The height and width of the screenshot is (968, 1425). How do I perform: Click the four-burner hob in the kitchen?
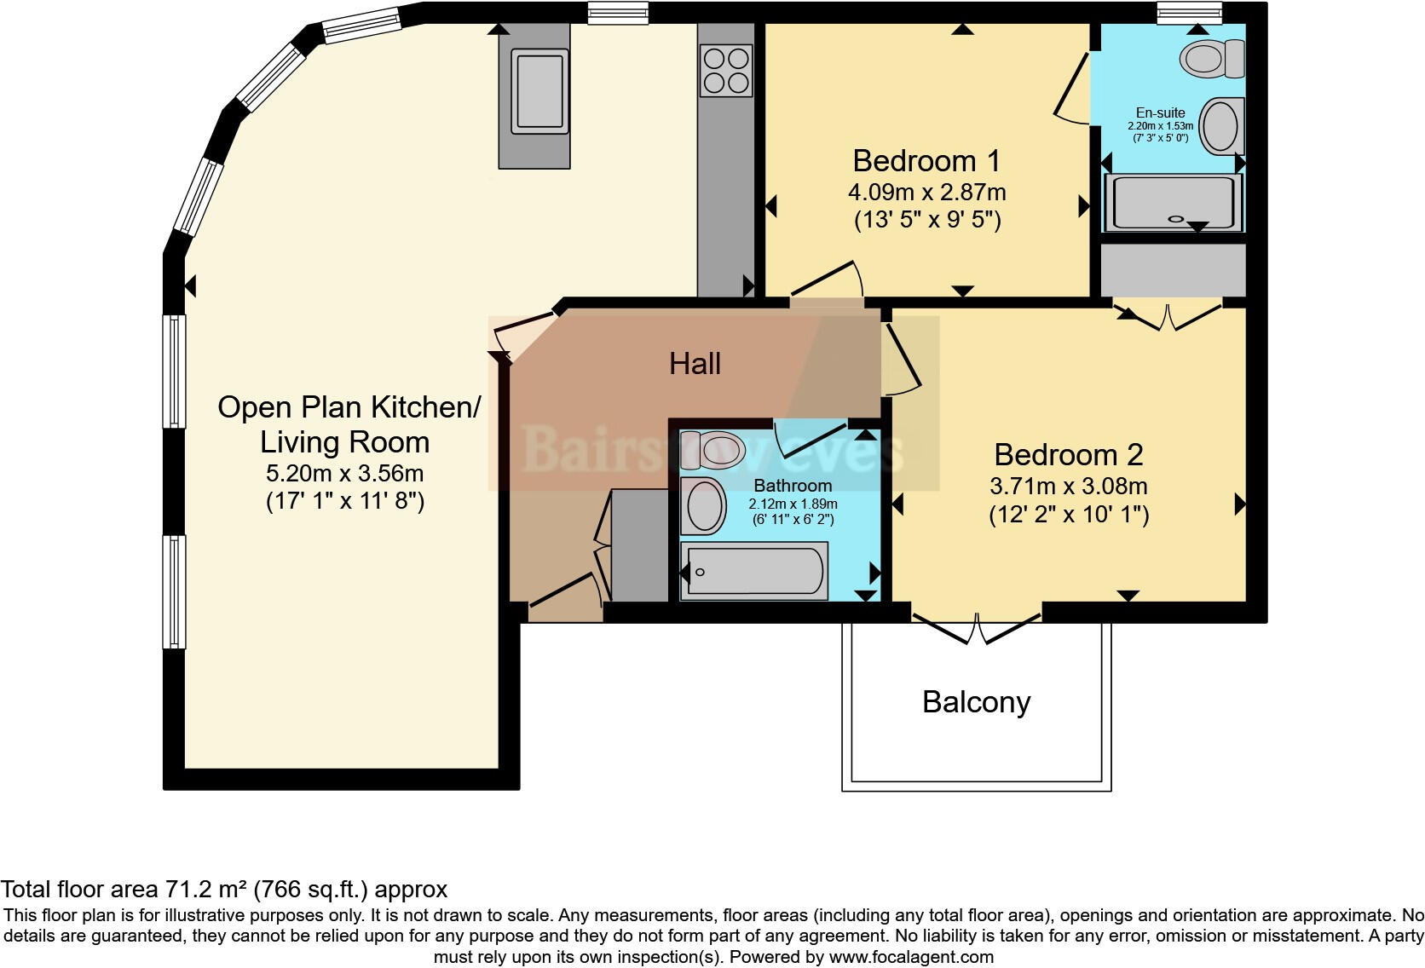pyautogui.click(x=726, y=71)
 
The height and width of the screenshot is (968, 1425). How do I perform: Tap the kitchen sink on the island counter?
pyautogui.click(x=539, y=91)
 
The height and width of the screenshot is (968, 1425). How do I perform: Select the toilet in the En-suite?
pyautogui.click(x=1212, y=59)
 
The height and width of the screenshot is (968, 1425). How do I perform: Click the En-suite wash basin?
pyautogui.click(x=1221, y=126)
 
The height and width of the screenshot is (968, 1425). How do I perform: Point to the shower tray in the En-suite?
pyautogui.click(x=1173, y=202)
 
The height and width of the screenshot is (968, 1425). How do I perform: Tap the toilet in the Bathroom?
pyautogui.click(x=712, y=450)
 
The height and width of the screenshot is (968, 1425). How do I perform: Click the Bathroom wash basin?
pyautogui.click(x=704, y=505)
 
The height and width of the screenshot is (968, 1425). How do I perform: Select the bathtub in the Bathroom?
pyautogui.click(x=754, y=571)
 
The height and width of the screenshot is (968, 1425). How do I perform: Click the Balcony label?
pyautogui.click(x=977, y=702)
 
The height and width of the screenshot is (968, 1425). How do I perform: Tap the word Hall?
pyautogui.click(x=695, y=364)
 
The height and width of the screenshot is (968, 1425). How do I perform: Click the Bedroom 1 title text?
pyautogui.click(x=926, y=161)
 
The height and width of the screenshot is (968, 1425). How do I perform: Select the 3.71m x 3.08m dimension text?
pyautogui.click(x=1069, y=487)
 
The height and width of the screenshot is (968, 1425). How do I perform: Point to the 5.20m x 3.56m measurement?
pyautogui.click(x=345, y=473)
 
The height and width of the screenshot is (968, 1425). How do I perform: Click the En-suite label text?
pyautogui.click(x=1160, y=112)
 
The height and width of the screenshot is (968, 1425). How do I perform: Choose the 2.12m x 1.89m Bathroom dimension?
pyautogui.click(x=793, y=504)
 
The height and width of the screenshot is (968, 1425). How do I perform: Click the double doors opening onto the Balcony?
pyautogui.click(x=977, y=626)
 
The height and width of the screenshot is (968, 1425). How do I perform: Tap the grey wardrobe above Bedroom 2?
pyautogui.click(x=1173, y=270)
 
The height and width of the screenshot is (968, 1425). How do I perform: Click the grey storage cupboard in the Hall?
pyautogui.click(x=639, y=545)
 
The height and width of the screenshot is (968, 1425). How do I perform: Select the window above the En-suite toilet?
pyautogui.click(x=1189, y=13)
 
